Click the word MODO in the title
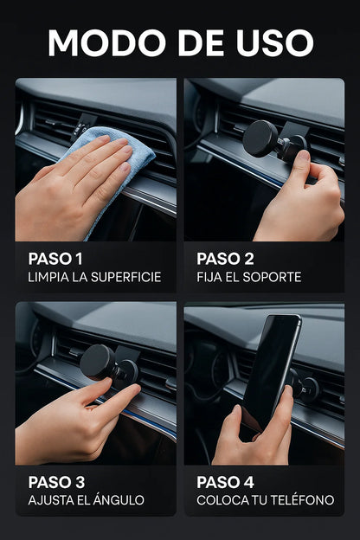point(106,42)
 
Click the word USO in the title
point(274,42)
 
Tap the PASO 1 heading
point(55,259)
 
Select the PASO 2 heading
point(225,259)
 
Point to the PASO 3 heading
point(56,482)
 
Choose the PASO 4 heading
point(225,482)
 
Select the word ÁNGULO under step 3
point(117,499)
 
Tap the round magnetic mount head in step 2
point(260,138)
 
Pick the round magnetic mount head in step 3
point(97,363)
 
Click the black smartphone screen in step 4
point(270,369)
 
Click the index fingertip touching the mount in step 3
point(106,382)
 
